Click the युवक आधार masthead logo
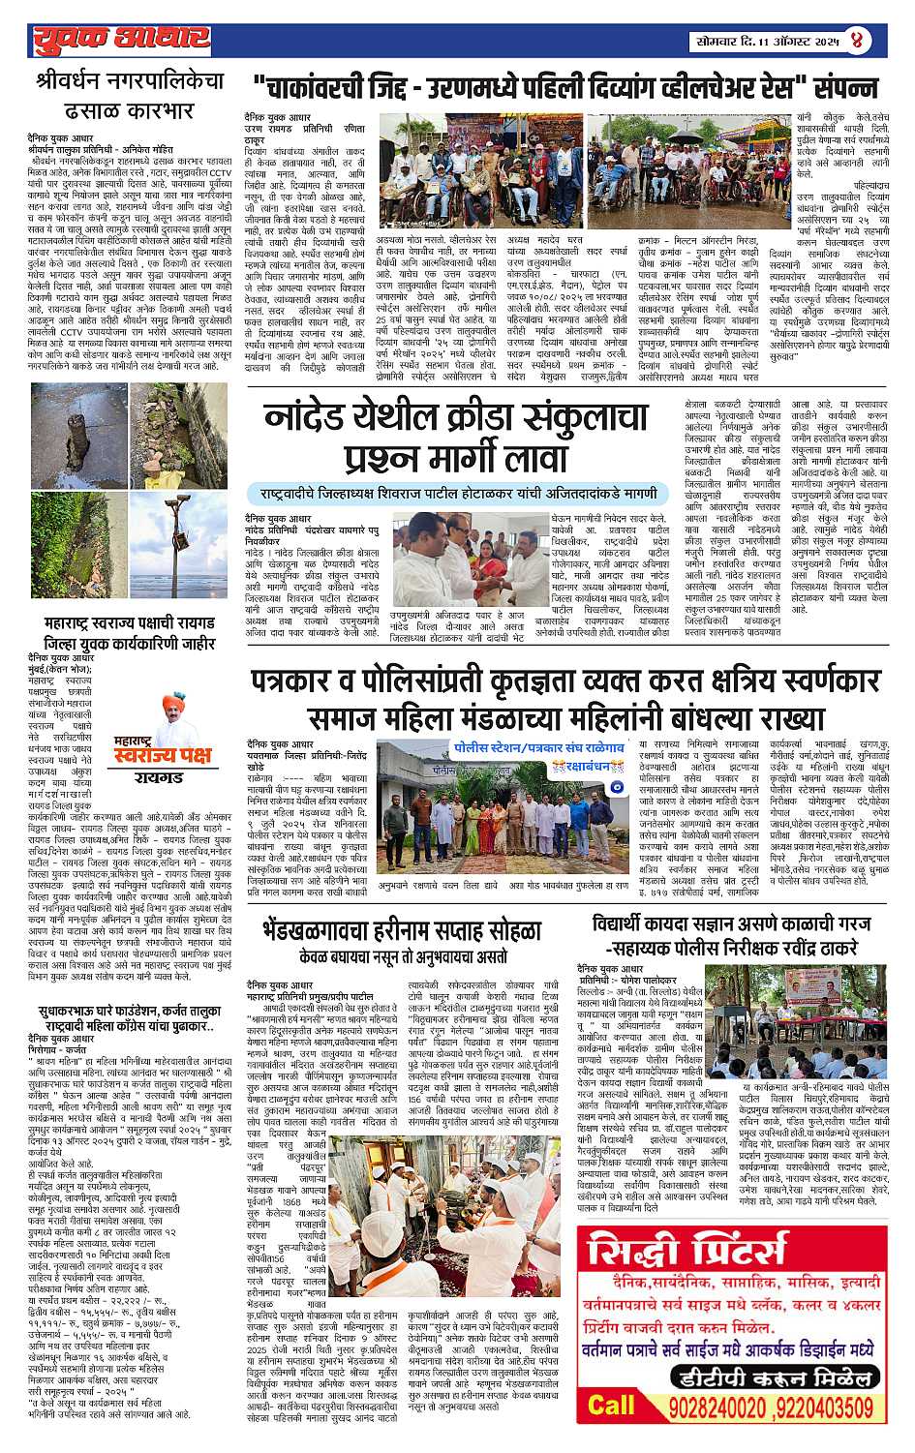click(x=120, y=39)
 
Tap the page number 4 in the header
click(x=857, y=42)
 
